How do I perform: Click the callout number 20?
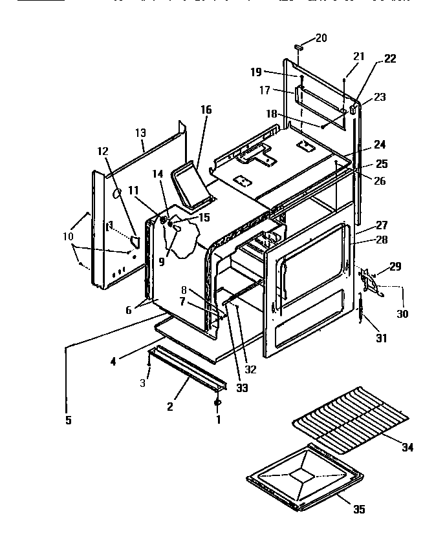pyautogui.click(x=321, y=38)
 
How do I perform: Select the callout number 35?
pyautogui.click(x=359, y=510)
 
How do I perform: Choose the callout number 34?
pyautogui.click(x=407, y=448)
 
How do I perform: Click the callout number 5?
pyautogui.click(x=68, y=420)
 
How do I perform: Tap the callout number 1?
pyautogui.click(x=217, y=419)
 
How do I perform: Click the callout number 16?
pyautogui.click(x=206, y=110)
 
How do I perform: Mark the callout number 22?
pyautogui.click(x=389, y=58)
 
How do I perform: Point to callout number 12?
pyautogui.click(x=103, y=150)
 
